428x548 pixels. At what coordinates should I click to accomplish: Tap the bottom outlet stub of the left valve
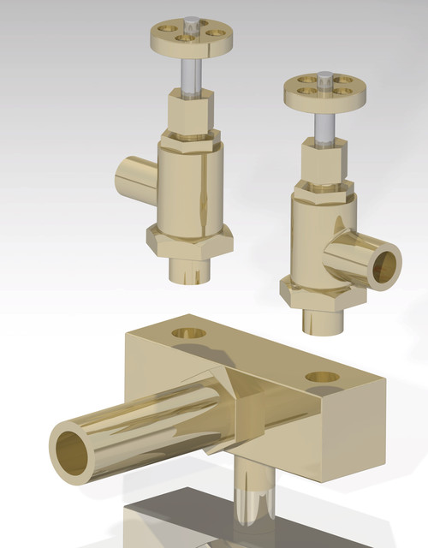coord(189,271)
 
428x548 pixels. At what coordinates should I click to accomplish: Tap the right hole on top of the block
coord(322,377)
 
